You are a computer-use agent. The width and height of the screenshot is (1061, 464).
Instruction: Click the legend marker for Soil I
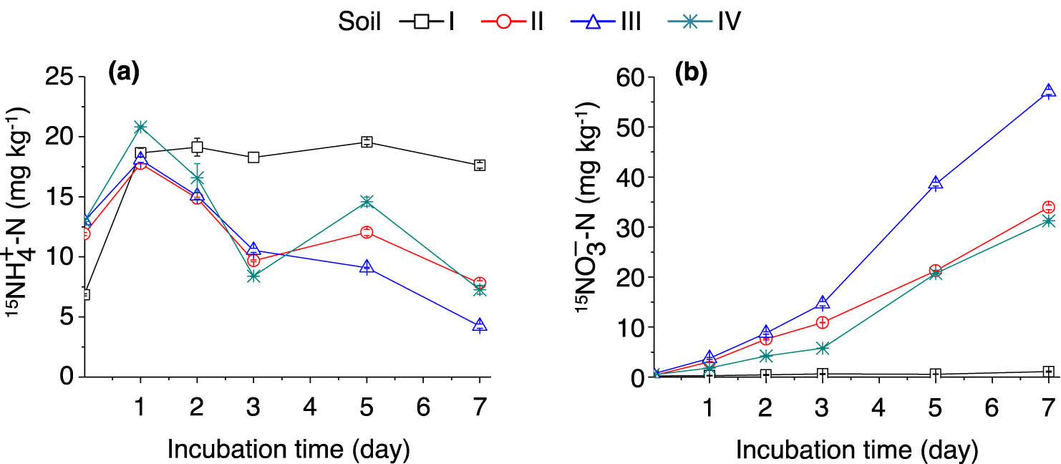click(x=422, y=21)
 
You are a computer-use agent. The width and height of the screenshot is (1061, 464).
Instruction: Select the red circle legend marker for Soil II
click(x=503, y=21)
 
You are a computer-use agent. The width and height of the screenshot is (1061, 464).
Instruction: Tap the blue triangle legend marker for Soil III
click(x=594, y=21)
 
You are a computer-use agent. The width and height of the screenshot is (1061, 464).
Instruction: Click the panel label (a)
click(x=122, y=71)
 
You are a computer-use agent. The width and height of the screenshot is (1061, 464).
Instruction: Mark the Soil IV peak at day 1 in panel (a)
click(x=140, y=127)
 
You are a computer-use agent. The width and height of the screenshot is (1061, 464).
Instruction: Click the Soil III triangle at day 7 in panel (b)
click(x=1048, y=91)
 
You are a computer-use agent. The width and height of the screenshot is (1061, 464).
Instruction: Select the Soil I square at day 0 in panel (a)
click(x=84, y=294)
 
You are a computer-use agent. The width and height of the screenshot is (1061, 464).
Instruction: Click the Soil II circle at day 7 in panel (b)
click(x=1048, y=208)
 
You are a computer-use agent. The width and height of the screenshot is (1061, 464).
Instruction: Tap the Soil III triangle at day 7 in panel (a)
click(x=479, y=325)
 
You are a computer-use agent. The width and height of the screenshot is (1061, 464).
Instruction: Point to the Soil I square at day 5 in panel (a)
click(x=367, y=141)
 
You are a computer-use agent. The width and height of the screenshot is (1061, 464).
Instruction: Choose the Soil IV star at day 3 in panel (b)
click(x=823, y=348)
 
